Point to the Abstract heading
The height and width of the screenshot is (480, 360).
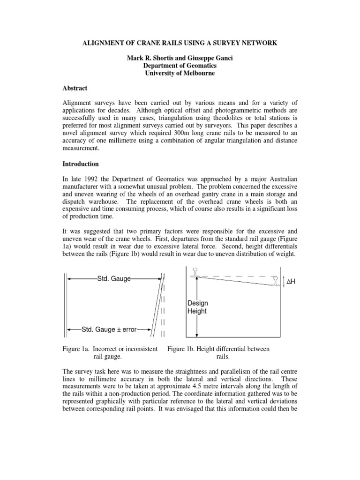click(x=76, y=88)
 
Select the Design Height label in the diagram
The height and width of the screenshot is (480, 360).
click(x=197, y=307)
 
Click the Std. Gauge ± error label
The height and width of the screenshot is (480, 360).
click(x=109, y=330)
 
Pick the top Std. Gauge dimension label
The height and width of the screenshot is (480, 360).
click(x=113, y=279)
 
